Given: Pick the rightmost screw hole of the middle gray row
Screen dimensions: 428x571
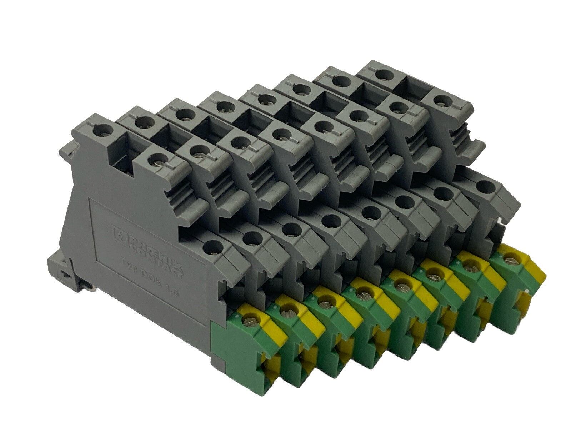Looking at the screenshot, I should [x=439, y=100].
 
